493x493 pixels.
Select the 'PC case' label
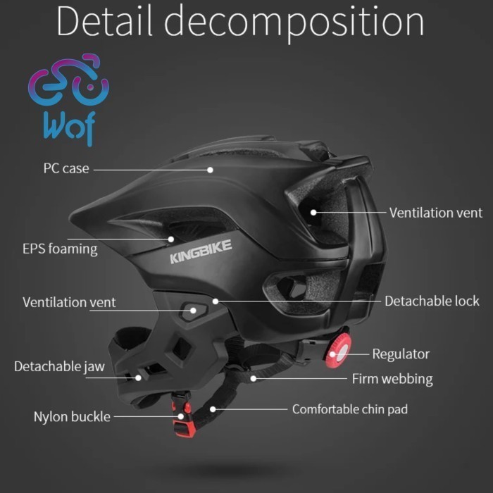(66, 168)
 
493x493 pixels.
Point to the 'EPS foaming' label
(60, 249)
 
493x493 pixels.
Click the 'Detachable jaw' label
(59, 366)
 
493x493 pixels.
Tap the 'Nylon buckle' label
(72, 416)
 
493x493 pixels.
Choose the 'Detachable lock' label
(432, 301)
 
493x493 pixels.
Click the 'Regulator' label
(401, 354)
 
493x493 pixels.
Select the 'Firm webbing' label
(392, 379)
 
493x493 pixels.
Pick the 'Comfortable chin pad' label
(350, 408)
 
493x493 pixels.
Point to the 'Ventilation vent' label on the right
(436, 212)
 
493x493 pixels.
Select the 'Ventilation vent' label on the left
(69, 302)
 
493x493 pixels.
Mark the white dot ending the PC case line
(211, 169)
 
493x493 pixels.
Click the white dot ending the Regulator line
(346, 354)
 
